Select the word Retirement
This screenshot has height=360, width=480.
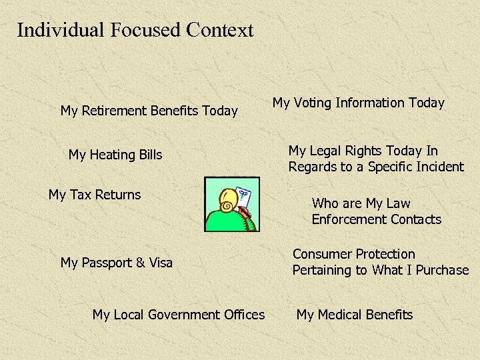[115, 111]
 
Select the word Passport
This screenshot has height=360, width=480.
[107, 263]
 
